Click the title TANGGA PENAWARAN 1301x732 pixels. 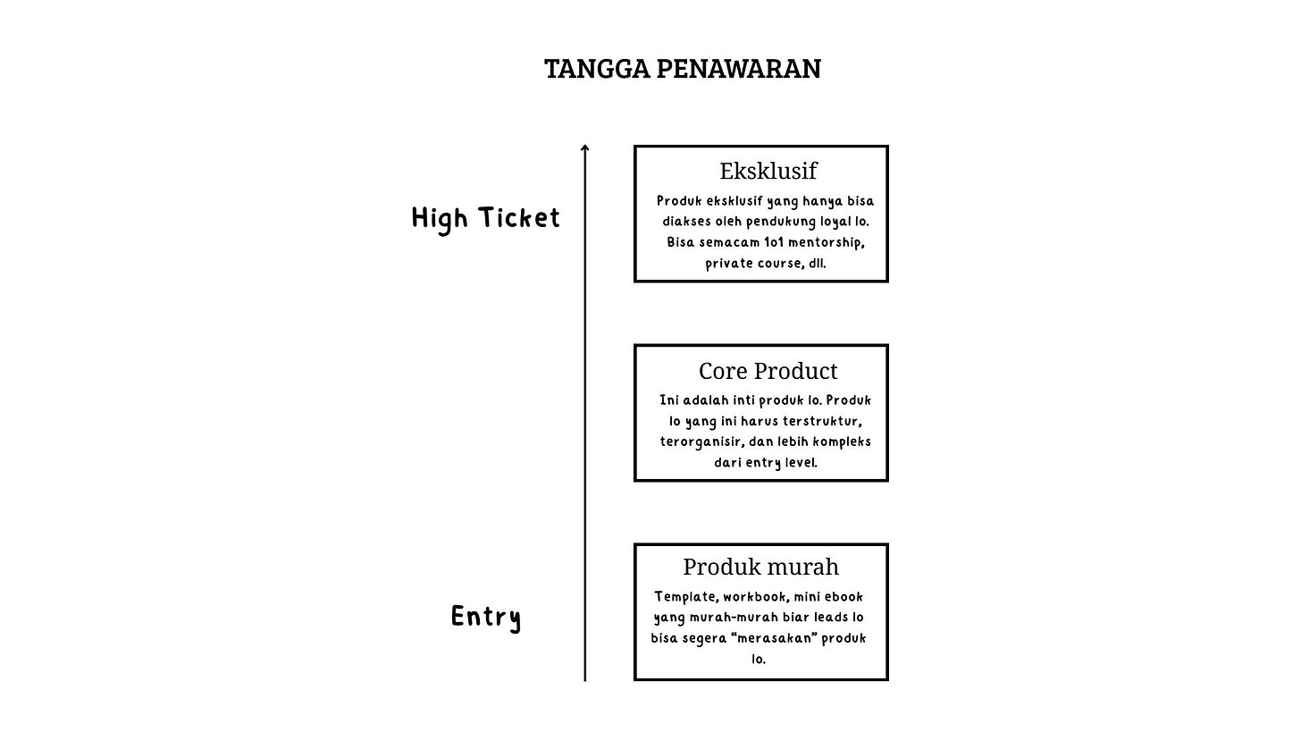click(x=683, y=69)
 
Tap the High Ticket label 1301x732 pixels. click(x=485, y=218)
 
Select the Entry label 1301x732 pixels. click(x=486, y=617)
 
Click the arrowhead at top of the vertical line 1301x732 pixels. click(x=585, y=148)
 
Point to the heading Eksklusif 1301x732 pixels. click(x=768, y=171)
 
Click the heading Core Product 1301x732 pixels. click(x=768, y=371)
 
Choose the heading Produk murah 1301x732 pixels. click(x=761, y=567)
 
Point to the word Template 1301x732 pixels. click(x=685, y=597)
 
